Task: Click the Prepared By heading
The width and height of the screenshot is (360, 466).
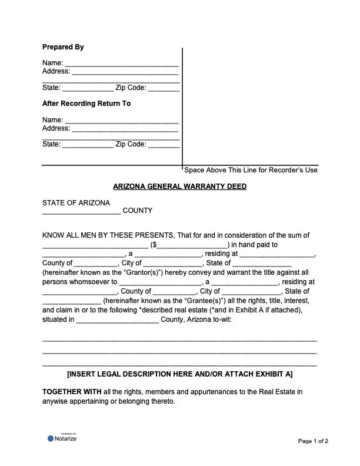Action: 63,47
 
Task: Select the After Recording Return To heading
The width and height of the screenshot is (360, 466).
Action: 86,104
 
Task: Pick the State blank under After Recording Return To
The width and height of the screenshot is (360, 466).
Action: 88,145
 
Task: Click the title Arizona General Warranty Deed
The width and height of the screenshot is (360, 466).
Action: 179,187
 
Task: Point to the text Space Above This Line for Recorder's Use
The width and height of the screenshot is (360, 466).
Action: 251,170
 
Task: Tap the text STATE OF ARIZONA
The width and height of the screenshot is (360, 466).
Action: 76,202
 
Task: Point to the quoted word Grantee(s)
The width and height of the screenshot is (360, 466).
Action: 191,301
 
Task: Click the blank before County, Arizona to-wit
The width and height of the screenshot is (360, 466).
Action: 118,320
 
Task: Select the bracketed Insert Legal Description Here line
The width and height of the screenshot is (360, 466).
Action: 179,374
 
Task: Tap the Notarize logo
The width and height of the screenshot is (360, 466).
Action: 62,438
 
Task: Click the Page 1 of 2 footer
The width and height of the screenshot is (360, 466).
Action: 313,441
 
